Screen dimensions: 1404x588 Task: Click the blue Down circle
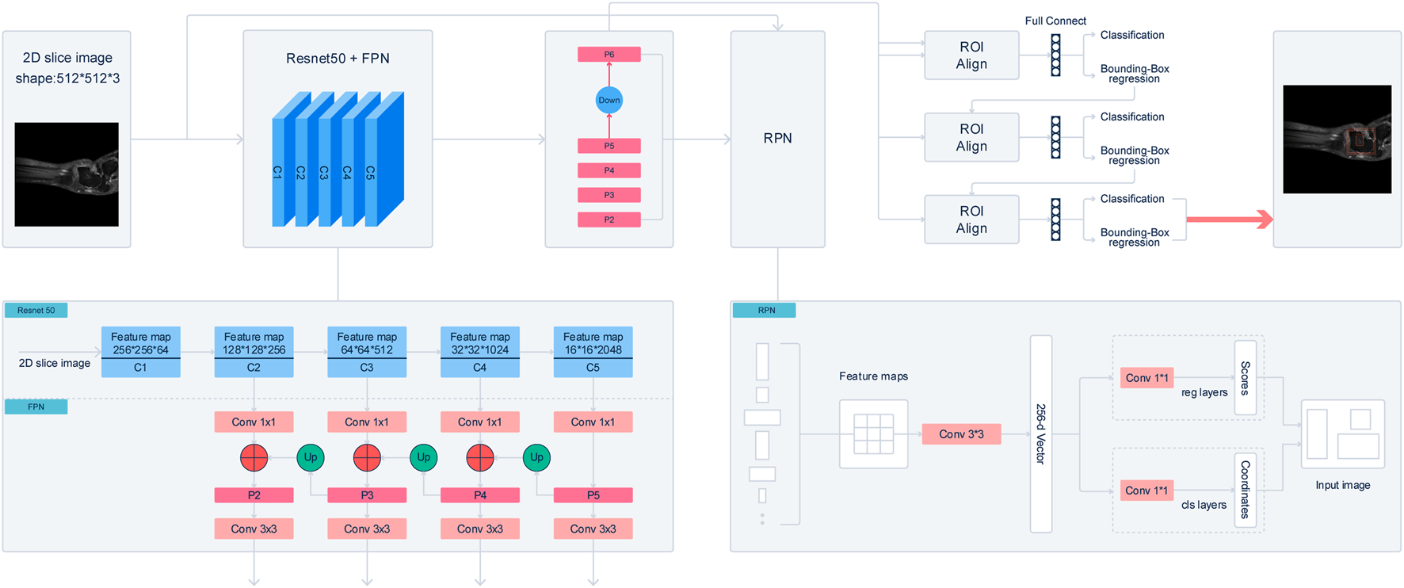pyautogui.click(x=609, y=100)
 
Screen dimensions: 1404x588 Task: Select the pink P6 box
pyautogui.click(x=609, y=55)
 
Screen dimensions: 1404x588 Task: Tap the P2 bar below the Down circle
pyautogui.click(x=609, y=220)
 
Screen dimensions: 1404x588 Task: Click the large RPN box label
pyautogui.click(x=777, y=138)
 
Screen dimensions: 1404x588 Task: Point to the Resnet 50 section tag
pyautogui.click(x=36, y=310)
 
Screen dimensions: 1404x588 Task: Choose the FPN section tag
pyautogui.click(x=36, y=407)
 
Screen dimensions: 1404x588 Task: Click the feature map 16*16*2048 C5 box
pyautogui.click(x=593, y=352)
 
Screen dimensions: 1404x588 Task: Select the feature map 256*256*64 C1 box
pyautogui.click(x=141, y=352)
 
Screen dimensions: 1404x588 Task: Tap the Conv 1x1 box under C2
pyautogui.click(x=254, y=422)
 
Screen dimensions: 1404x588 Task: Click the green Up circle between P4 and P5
pyautogui.click(x=536, y=457)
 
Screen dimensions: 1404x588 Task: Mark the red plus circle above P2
pyautogui.click(x=254, y=457)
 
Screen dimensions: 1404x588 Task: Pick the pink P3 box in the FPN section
pyautogui.click(x=367, y=495)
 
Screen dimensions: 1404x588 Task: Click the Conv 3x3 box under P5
pyautogui.click(x=593, y=529)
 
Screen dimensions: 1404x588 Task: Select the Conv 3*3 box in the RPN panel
pyautogui.click(x=961, y=434)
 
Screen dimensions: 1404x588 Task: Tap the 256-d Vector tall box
pyautogui.click(x=1041, y=434)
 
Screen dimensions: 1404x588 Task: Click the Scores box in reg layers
pyautogui.click(x=1246, y=378)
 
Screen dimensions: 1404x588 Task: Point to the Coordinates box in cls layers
pyautogui.click(x=1246, y=490)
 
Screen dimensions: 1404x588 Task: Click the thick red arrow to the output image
pyautogui.click(x=1230, y=220)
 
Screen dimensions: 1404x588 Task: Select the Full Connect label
pyautogui.click(x=1055, y=21)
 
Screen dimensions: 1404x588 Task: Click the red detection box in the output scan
pyautogui.click(x=1361, y=141)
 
